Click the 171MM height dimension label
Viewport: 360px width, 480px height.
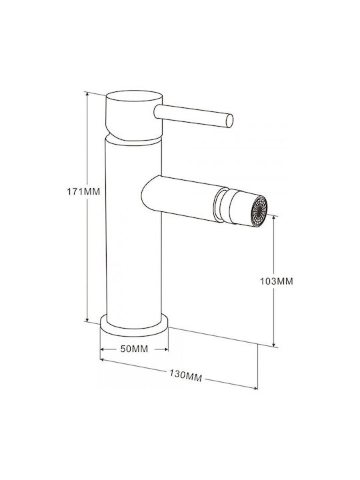pos(83,192)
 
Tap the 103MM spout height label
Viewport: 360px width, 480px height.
pos(277,281)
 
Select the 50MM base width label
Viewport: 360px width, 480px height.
pos(134,349)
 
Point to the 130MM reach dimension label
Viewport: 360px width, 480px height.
pos(185,375)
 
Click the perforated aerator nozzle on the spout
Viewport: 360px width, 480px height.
pos(259,211)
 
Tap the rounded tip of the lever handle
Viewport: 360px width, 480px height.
pos(229,121)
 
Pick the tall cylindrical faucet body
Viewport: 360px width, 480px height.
pos(134,233)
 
